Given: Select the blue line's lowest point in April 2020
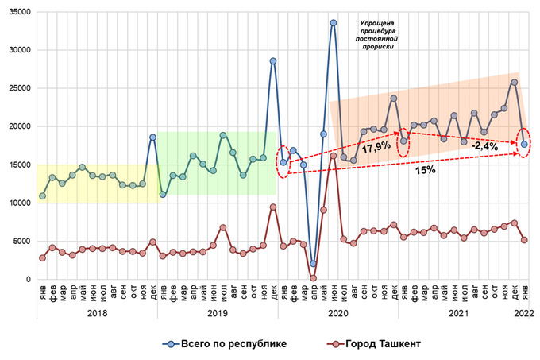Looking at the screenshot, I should tap(313, 264).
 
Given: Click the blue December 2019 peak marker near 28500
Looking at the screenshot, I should tap(272, 60).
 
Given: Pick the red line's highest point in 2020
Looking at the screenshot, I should tap(334, 156).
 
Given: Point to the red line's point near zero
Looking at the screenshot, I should tap(313, 278).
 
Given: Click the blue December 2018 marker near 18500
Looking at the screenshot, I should tap(152, 137).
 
